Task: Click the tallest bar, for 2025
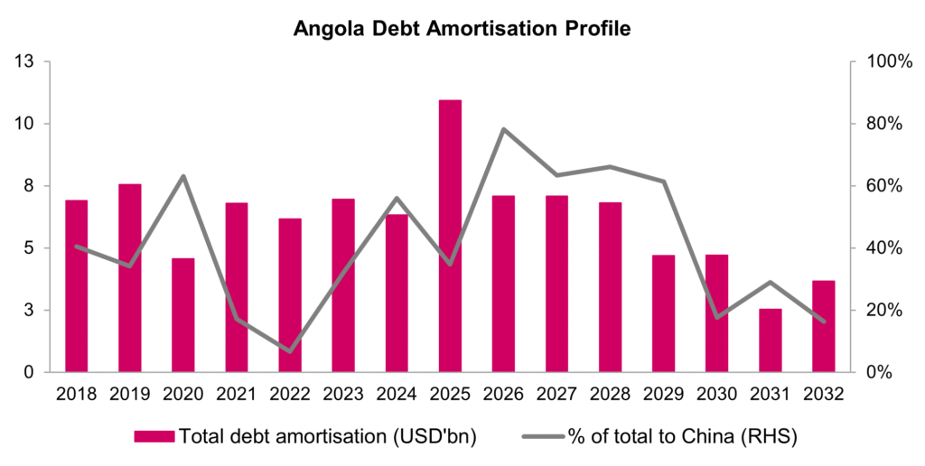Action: (x=450, y=236)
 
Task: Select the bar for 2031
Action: (x=770, y=340)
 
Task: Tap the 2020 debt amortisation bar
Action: (x=183, y=315)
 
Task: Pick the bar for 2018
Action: (x=77, y=285)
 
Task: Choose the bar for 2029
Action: (x=664, y=313)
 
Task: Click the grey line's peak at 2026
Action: (x=503, y=129)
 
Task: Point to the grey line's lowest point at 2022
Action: (x=290, y=351)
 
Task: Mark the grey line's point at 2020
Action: (x=183, y=176)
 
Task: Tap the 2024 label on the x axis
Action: (x=397, y=394)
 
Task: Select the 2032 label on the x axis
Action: (x=823, y=394)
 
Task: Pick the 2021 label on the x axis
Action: (x=237, y=394)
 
